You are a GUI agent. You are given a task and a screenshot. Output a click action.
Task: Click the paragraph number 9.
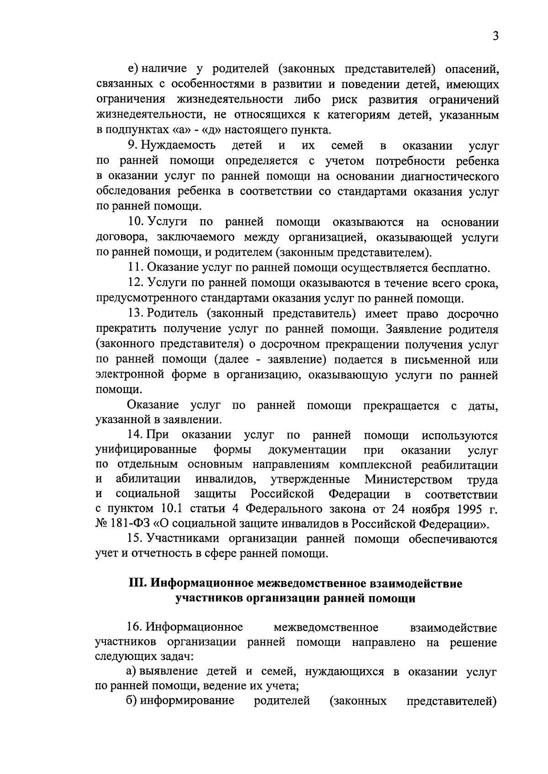(x=132, y=146)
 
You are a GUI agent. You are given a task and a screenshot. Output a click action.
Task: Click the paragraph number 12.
(x=136, y=283)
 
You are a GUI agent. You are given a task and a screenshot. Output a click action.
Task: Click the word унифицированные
(x=146, y=450)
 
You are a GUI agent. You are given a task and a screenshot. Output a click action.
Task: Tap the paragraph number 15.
(x=136, y=539)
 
